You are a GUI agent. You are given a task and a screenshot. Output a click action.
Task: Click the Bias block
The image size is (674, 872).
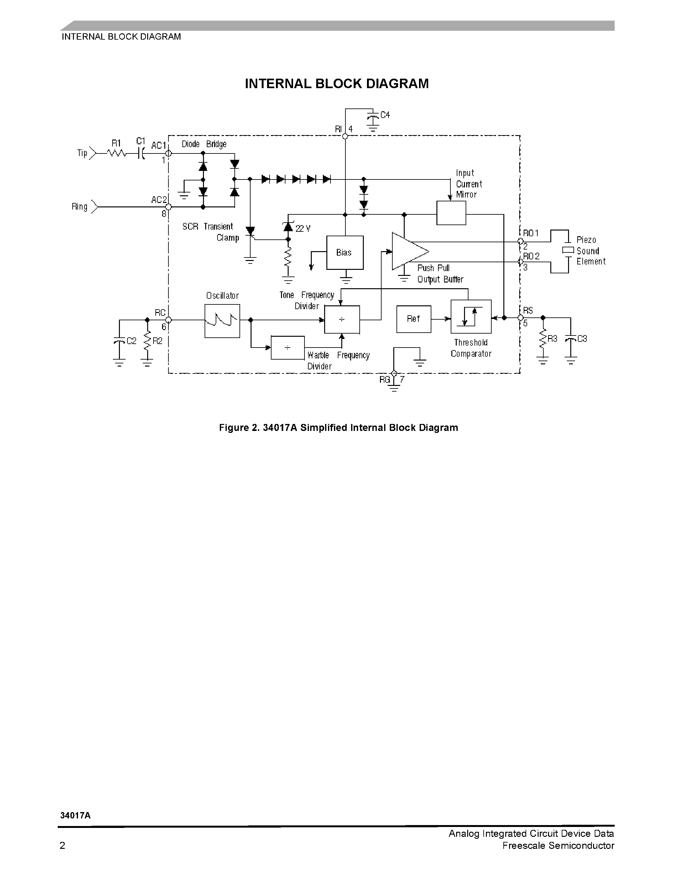coord(344,252)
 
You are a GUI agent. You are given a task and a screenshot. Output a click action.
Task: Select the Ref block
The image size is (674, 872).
coord(413,319)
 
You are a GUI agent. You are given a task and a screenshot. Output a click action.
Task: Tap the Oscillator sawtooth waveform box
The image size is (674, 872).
coord(222,321)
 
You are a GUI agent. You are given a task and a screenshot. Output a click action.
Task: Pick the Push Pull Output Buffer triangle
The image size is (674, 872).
coord(408,251)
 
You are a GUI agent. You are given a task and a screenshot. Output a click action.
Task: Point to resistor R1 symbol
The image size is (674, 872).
coord(117,153)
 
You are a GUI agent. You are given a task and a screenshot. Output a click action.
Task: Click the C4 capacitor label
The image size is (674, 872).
coord(385,115)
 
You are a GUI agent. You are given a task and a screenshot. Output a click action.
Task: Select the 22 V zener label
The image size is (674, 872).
coord(303,228)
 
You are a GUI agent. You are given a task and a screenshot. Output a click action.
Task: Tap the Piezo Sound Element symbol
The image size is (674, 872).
coord(568,250)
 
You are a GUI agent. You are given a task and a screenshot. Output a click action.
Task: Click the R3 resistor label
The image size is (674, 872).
coord(552,339)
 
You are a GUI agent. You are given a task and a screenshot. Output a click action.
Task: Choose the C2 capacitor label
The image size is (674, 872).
coord(131,341)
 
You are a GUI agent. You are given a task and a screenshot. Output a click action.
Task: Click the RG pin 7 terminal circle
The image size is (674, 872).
coord(394,373)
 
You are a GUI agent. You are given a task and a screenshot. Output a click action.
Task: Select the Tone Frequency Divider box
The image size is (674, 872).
coord(342,319)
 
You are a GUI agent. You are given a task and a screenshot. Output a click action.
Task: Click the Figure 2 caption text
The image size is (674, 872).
coord(338,428)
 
